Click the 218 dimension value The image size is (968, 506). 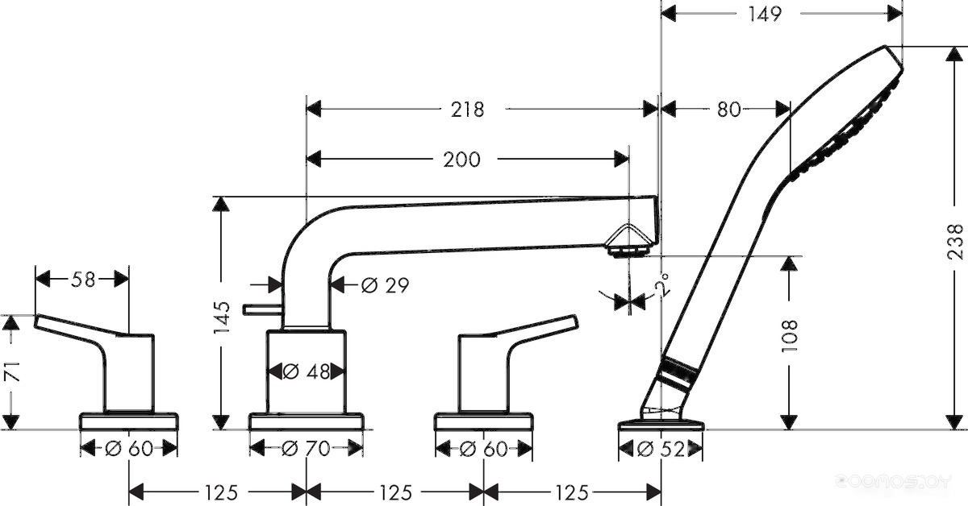(x=468, y=109)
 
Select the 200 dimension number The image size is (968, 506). (x=461, y=160)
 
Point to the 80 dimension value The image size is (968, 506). (x=728, y=109)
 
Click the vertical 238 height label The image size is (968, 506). (x=956, y=241)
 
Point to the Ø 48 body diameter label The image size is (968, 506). (x=307, y=371)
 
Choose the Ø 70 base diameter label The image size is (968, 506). (x=307, y=449)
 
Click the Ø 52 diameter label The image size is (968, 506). (x=661, y=449)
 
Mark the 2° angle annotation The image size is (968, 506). (x=662, y=284)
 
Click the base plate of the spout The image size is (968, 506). (x=307, y=421)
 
